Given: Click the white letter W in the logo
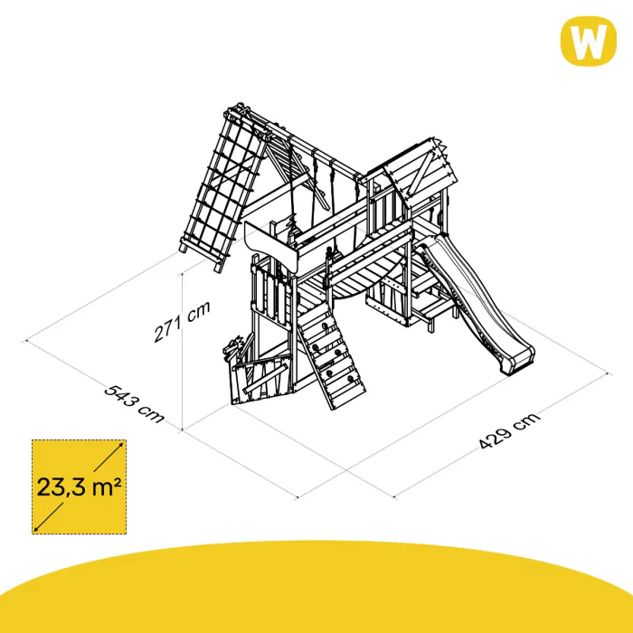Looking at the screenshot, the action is tap(588, 42).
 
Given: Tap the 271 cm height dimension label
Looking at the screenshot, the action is tap(182, 321).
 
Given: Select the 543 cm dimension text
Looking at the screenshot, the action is tap(134, 403).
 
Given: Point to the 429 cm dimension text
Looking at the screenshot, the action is tap(509, 430).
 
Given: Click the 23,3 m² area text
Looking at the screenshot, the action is tap(80, 487).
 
